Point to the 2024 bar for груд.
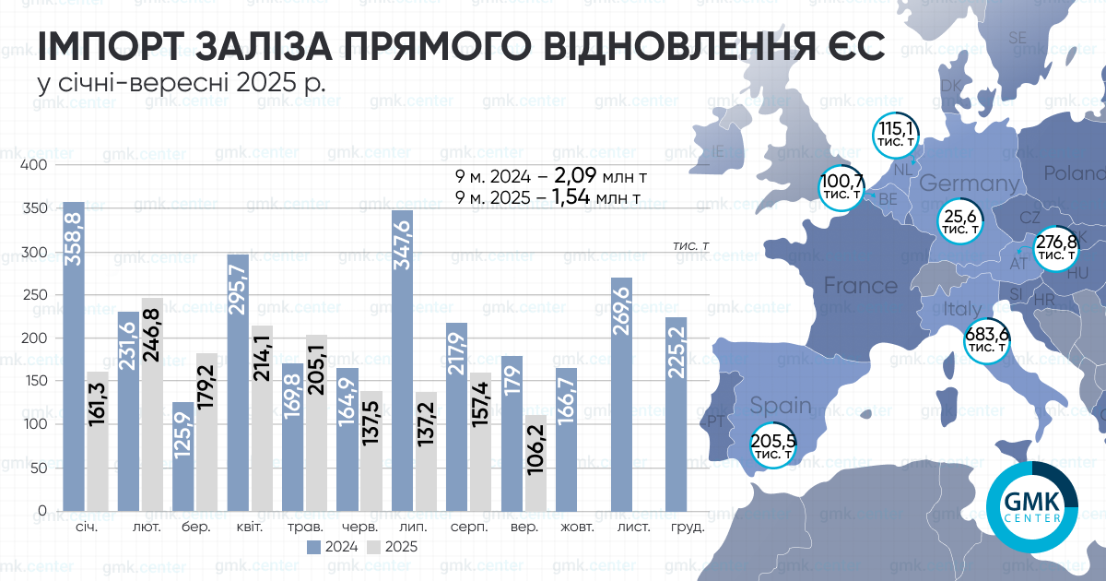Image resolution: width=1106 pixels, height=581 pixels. click(677, 414)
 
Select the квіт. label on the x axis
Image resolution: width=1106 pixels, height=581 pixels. click(251, 528)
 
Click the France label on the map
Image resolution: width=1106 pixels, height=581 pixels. click(860, 286)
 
